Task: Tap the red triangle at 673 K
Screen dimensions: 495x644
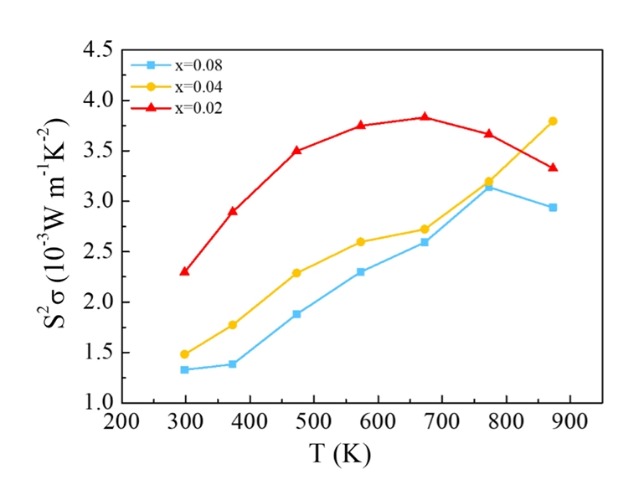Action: [x=425, y=117]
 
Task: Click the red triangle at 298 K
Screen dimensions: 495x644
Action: [x=184, y=271]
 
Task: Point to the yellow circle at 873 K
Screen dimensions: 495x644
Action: [x=553, y=121]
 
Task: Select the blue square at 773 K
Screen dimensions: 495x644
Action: [x=489, y=187]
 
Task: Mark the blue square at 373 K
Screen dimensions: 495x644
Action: [x=233, y=364]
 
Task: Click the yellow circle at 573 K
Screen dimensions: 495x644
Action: [x=361, y=242]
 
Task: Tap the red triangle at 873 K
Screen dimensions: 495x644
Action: [x=553, y=168]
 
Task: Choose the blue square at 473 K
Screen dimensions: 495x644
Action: [x=296, y=314]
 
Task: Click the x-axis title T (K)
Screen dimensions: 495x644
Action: [x=340, y=454]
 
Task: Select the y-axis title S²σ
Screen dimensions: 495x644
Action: [x=54, y=226]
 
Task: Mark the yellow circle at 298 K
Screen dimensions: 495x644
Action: [x=184, y=354]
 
